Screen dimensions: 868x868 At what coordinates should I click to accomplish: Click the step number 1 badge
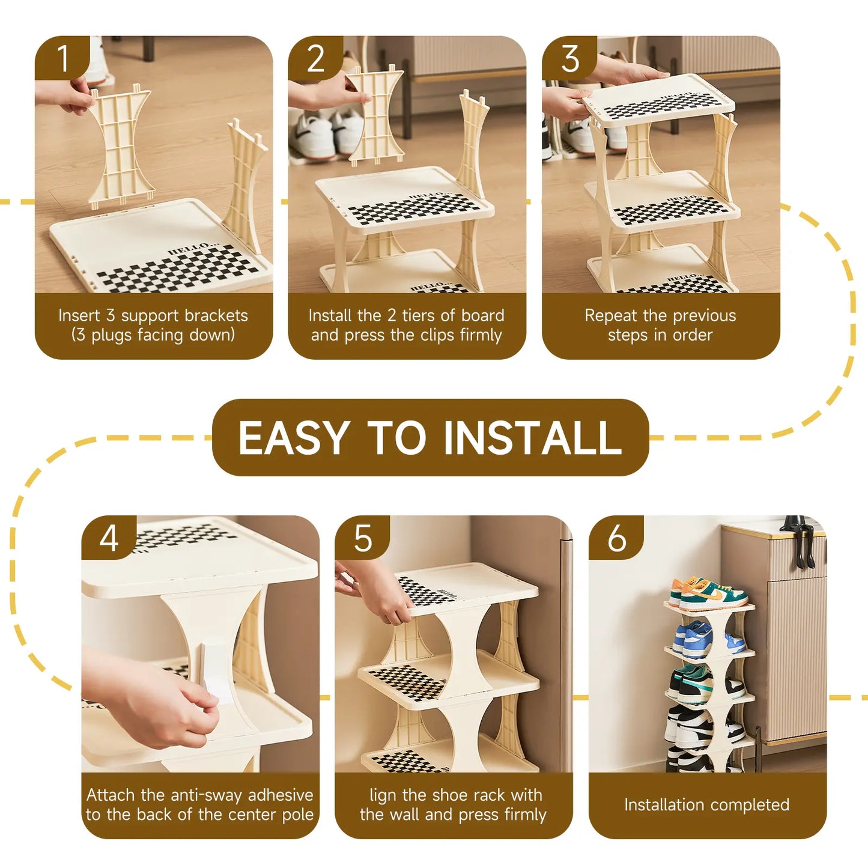click(62, 58)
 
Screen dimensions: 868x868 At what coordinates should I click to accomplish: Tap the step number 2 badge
click(316, 58)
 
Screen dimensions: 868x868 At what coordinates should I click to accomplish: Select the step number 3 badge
click(569, 58)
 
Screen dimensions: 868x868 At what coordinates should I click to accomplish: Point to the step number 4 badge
click(109, 538)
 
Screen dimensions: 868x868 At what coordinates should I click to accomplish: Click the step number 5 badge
click(362, 538)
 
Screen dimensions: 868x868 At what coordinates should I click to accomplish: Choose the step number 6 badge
click(616, 538)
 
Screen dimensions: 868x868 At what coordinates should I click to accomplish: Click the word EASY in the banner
click(294, 438)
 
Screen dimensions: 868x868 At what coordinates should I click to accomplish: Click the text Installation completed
click(706, 805)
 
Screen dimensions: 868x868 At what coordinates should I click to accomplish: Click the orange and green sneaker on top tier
click(709, 593)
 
